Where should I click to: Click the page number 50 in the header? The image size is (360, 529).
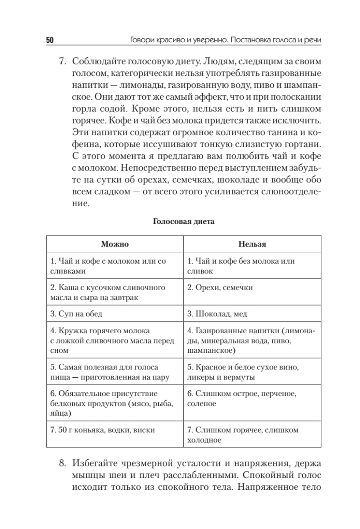click(49, 40)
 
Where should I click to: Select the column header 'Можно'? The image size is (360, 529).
click(115, 243)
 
